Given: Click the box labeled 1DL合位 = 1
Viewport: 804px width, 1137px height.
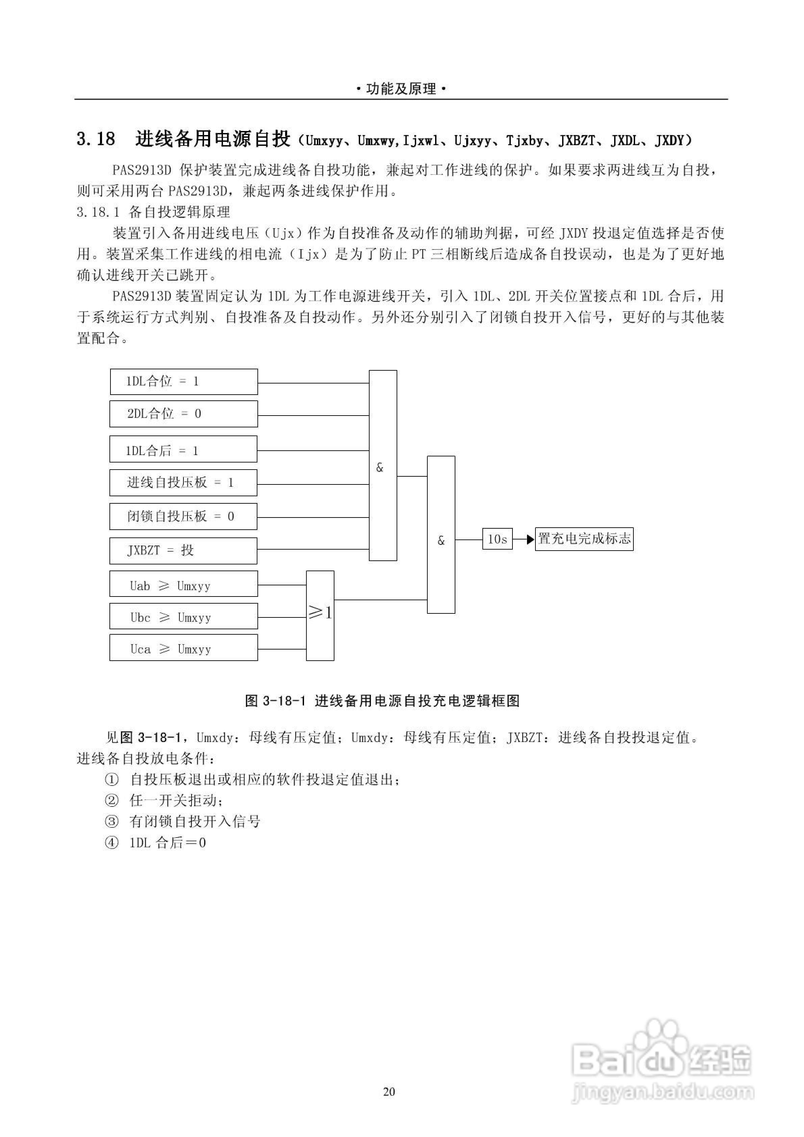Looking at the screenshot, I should click(183, 381).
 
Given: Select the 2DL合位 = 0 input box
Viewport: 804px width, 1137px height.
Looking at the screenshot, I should click(183, 414).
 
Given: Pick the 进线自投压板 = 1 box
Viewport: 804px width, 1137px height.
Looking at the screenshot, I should click(183, 483).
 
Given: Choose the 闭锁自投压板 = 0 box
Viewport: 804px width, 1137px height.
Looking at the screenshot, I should click(183, 517).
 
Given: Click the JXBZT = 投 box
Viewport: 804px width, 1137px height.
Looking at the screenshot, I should click(183, 551).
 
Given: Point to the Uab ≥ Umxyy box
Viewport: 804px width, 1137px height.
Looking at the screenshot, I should click(183, 584).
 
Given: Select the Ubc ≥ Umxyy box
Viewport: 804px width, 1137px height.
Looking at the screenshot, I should click(183, 616).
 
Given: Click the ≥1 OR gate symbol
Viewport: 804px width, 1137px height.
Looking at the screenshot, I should click(320, 615).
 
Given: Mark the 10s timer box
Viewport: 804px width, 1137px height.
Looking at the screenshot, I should click(497, 539).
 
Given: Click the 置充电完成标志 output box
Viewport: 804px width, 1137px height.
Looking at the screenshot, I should click(584, 539).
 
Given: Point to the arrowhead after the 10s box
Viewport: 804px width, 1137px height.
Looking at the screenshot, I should click(530, 539).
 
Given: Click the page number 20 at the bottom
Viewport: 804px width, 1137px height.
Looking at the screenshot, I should click(389, 1091).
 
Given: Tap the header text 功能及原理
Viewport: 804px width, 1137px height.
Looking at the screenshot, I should click(402, 89).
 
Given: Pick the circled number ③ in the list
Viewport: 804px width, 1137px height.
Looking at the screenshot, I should click(112, 822).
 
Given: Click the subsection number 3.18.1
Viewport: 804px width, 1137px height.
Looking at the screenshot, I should click(98, 212).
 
